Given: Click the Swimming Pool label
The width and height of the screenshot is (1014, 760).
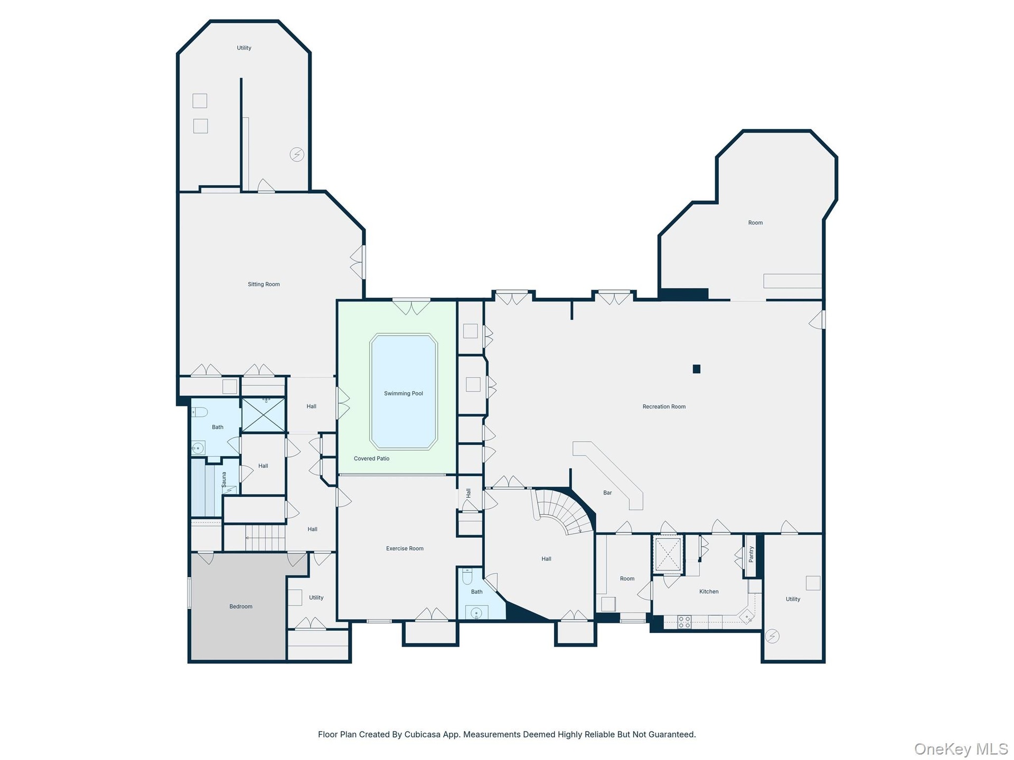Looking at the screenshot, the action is (403, 393).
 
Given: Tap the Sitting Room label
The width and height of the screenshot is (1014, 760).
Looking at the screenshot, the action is (264, 284).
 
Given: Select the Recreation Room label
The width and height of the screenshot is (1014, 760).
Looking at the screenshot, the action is (664, 406).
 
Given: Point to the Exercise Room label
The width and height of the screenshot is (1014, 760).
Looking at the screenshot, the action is (405, 548).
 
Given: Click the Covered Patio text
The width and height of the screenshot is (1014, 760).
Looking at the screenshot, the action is (371, 458).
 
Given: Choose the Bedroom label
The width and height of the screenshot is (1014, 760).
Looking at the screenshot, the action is (241, 606).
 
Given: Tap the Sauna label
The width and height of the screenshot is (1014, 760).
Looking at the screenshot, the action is (224, 479).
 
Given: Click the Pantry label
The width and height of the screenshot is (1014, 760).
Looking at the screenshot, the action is (751, 554).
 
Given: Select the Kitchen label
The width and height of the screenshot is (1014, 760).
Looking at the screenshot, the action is (709, 592).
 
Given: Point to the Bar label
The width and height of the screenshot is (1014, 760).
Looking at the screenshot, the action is (607, 493).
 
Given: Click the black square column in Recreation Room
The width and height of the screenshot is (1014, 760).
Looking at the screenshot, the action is (697, 369).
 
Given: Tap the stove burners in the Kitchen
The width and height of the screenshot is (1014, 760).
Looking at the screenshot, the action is (684, 622).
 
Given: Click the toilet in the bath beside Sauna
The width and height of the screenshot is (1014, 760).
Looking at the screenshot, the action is (199, 412).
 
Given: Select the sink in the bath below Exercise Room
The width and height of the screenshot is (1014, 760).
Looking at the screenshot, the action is (476, 613).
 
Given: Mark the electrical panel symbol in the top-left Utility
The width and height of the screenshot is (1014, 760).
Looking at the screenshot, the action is (297, 155).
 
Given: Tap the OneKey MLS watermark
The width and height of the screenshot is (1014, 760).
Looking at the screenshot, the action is (961, 749).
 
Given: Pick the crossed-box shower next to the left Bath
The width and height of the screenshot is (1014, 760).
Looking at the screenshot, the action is (264, 415).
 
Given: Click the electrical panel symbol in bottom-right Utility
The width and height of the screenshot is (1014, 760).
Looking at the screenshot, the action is (772, 636).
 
